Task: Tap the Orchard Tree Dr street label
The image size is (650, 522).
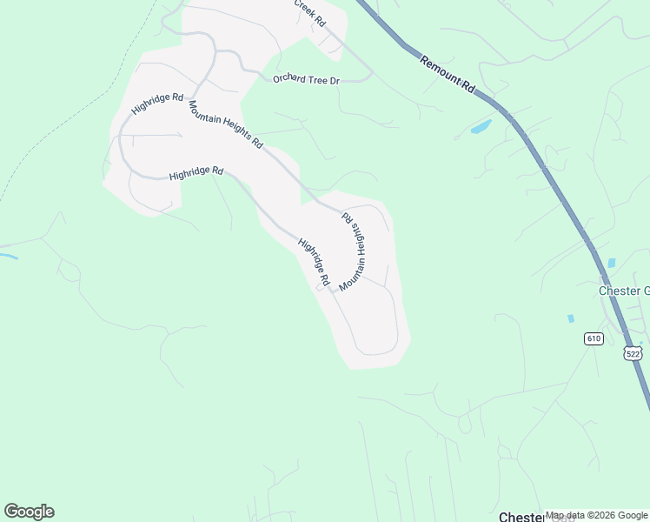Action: pyautogui.click(x=305, y=80)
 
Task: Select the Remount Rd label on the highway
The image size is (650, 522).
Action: pyautogui.click(x=448, y=75)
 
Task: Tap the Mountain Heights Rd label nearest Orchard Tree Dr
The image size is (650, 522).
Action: pyautogui.click(x=226, y=124)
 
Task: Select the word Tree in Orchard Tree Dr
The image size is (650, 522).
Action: pyautogui.click(x=317, y=80)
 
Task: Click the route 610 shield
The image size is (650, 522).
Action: pyautogui.click(x=594, y=338)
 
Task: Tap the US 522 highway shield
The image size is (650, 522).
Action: pyautogui.click(x=633, y=352)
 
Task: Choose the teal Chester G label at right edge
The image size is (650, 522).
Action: pyautogui.click(x=624, y=291)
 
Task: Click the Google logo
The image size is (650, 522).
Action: pyautogui.click(x=29, y=512)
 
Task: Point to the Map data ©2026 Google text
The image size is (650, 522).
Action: pyautogui.click(x=596, y=516)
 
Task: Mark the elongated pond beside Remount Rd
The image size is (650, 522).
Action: pyautogui.click(x=481, y=128)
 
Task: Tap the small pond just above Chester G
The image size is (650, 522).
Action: pyautogui.click(x=612, y=263)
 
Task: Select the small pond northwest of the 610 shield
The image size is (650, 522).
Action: pyautogui.click(x=571, y=319)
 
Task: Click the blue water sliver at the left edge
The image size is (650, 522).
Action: pyautogui.click(x=8, y=256)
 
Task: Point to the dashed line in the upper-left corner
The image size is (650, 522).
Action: pyautogui.click(x=52, y=139)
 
